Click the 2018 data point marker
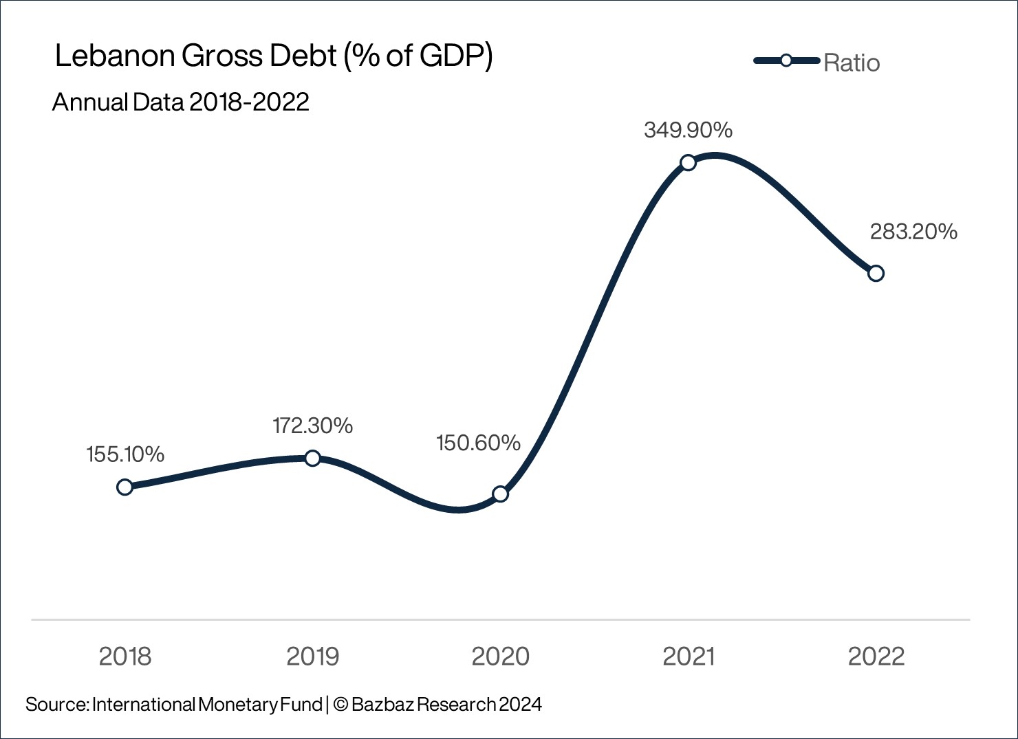pyautogui.click(x=124, y=487)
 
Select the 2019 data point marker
pyautogui.click(x=312, y=458)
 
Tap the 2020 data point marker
pyautogui.click(x=500, y=494)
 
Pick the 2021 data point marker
pyautogui.click(x=688, y=162)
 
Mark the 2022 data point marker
pyautogui.click(x=876, y=273)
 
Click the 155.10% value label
pyautogui.click(x=125, y=454)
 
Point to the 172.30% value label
pyautogui.click(x=312, y=426)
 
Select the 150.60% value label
pyautogui.click(x=478, y=443)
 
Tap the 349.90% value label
pyautogui.click(x=688, y=130)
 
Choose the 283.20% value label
pyautogui.click(x=913, y=232)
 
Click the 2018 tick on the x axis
pyautogui.click(x=124, y=657)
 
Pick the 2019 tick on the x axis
pyautogui.click(x=312, y=657)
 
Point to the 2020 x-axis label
pyautogui.click(x=500, y=657)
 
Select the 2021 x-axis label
pyautogui.click(x=688, y=657)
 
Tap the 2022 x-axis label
pyautogui.click(x=876, y=657)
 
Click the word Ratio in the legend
pyautogui.click(x=852, y=63)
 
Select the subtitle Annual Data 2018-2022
pyautogui.click(x=180, y=102)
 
